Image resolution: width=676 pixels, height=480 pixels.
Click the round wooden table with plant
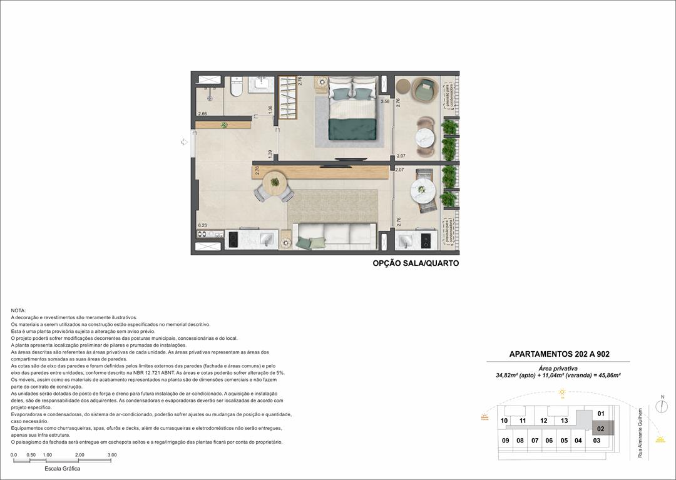pyautogui.click(x=275, y=183)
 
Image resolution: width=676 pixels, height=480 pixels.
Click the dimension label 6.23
pyautogui.click(x=202, y=225)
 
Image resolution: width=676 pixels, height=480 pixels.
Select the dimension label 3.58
pyautogui.click(x=386, y=101)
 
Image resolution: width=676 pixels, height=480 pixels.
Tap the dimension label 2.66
pyautogui.click(x=202, y=114)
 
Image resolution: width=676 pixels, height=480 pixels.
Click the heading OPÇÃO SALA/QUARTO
pyautogui.click(x=416, y=263)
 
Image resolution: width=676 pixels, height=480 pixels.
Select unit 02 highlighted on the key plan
pyautogui.click(x=600, y=429)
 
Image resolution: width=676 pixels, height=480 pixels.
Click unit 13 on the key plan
pyautogui.click(x=564, y=421)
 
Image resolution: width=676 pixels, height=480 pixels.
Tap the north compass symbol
pyautogui.click(x=662, y=406)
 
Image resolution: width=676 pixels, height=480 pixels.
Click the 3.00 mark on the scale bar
pyautogui.click(x=112, y=455)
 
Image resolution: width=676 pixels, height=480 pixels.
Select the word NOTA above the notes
pyautogui.click(x=18, y=310)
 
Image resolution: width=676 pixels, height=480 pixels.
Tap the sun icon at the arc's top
pyautogui.click(x=562, y=392)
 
